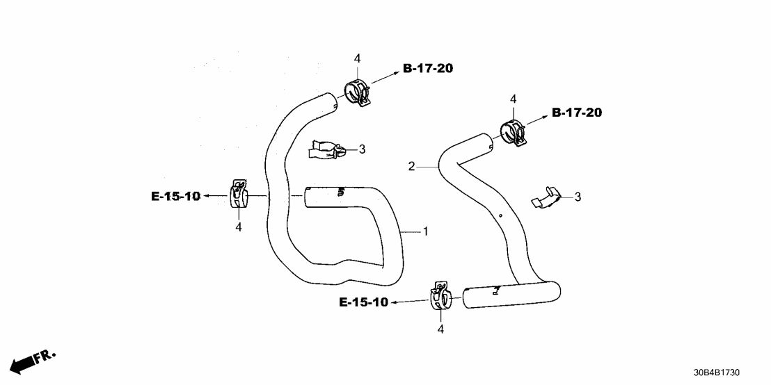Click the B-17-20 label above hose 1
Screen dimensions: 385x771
428,68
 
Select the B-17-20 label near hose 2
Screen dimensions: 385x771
577,113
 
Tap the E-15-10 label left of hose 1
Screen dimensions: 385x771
175,197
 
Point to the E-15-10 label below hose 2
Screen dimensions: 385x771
363,302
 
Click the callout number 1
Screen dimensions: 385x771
426,231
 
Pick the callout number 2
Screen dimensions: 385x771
411,166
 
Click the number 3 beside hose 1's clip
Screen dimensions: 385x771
362,149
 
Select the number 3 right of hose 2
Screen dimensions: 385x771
578,197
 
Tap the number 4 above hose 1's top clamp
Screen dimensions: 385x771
357,58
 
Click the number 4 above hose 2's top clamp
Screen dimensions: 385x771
514,99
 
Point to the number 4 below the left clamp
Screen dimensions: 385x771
238,227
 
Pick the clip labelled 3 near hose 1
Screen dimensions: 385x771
328,149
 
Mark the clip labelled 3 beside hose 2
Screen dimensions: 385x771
548,197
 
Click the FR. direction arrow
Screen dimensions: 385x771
31,360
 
